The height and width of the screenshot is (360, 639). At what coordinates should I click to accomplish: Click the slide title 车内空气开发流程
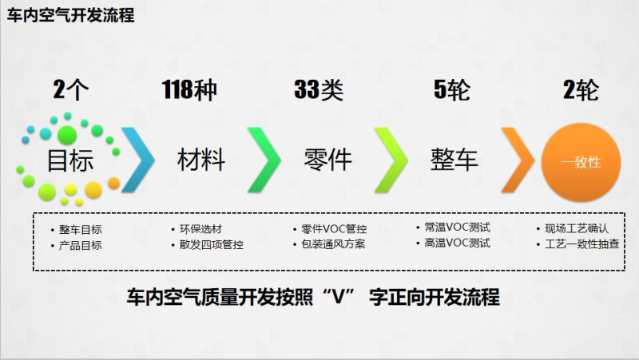(x=70, y=15)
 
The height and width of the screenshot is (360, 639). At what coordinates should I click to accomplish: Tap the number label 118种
(x=189, y=89)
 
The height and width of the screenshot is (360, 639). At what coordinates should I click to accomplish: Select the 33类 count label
(x=319, y=89)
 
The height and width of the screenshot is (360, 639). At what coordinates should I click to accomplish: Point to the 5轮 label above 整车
(x=452, y=89)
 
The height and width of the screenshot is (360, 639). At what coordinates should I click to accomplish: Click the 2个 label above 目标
(x=71, y=89)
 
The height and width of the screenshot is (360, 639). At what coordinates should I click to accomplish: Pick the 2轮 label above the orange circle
(x=581, y=89)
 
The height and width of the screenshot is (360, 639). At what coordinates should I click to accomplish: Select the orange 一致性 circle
(x=581, y=162)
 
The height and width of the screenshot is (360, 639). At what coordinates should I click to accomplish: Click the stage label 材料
(x=201, y=160)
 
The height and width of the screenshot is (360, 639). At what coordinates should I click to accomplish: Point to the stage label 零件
(x=328, y=160)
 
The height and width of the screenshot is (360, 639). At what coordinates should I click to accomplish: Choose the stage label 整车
(x=454, y=160)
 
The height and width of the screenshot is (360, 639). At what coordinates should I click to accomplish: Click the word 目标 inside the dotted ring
(x=70, y=160)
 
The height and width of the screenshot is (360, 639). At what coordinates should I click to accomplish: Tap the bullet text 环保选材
(x=201, y=229)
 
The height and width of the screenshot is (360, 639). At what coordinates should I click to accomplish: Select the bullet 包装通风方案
(x=333, y=244)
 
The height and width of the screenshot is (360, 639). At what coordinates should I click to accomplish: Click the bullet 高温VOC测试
(x=457, y=243)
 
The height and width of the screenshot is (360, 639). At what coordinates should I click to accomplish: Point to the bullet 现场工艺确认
(x=577, y=228)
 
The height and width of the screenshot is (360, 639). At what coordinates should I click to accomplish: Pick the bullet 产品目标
(x=81, y=246)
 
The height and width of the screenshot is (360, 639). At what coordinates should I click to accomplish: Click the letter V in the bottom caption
(x=339, y=298)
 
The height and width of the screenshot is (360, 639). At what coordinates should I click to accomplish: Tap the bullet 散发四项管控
(x=212, y=245)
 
